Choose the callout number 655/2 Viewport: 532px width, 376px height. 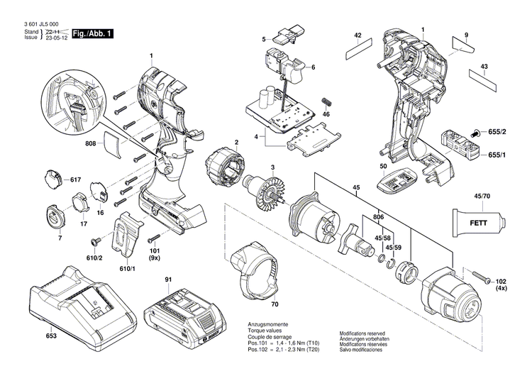(498, 133)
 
